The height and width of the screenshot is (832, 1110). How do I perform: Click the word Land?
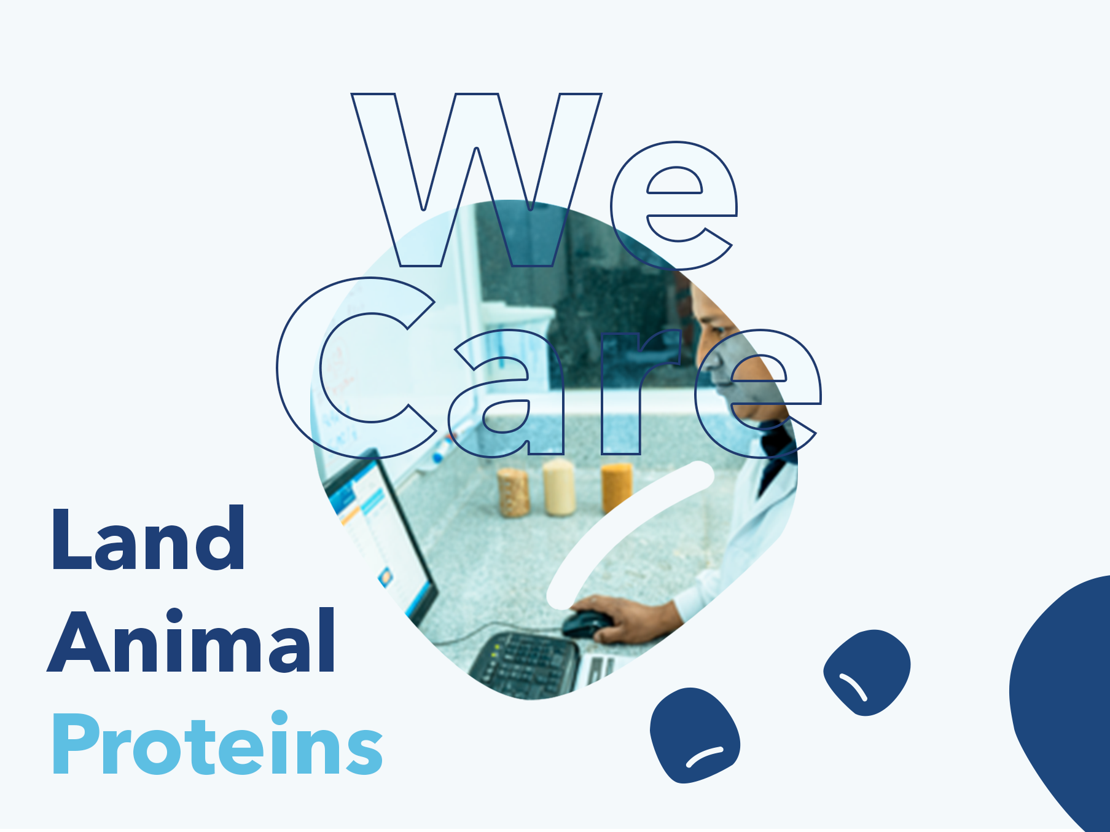tap(148, 539)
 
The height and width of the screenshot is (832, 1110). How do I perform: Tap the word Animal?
tap(192, 640)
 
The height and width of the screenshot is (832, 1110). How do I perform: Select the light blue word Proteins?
tap(217, 743)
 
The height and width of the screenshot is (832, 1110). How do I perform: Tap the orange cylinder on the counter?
tap(617, 488)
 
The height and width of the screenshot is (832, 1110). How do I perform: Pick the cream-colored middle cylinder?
tap(559, 487)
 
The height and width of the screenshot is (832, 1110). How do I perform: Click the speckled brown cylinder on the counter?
tap(514, 492)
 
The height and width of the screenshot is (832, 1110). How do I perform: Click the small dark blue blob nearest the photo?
tap(695, 735)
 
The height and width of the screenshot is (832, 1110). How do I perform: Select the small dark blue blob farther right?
tap(867, 672)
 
